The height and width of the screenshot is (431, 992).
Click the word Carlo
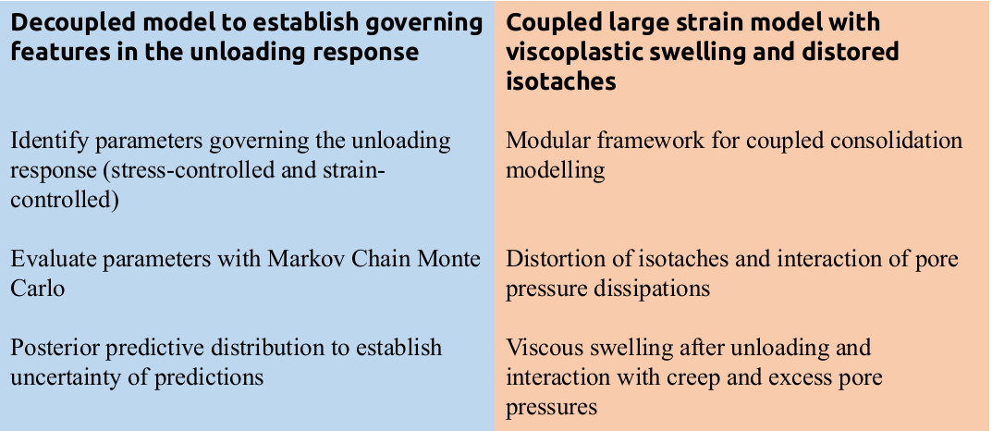[x=37, y=289]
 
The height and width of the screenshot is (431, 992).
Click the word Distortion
[x=559, y=260]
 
